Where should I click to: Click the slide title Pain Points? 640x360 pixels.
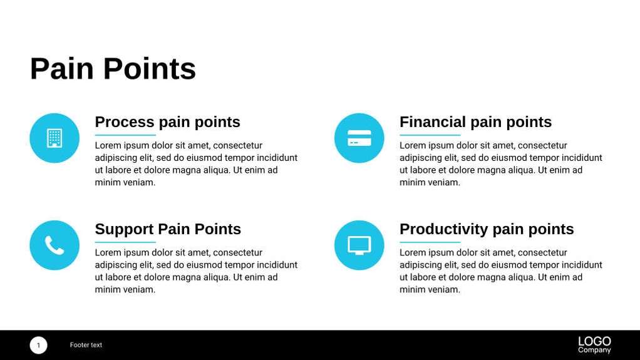(113, 69)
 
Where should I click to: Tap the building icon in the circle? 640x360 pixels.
(54, 138)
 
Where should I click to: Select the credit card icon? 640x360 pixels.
(359, 138)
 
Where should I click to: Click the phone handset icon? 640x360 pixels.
(54, 245)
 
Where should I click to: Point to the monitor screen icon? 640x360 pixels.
(359, 245)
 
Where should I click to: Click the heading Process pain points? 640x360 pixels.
(167, 122)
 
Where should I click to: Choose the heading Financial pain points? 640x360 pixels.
(475, 122)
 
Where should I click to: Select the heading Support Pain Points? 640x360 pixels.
(168, 229)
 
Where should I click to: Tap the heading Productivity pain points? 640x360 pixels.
(487, 229)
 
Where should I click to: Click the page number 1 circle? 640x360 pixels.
(38, 345)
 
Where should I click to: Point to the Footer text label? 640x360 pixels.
(86, 345)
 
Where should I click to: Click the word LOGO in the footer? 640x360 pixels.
(594, 341)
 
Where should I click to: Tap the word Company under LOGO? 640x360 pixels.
(594, 350)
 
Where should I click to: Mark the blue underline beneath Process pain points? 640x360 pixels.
(125, 135)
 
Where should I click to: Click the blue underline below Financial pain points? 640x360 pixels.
(430, 135)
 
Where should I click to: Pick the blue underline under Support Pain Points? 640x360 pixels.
(125, 242)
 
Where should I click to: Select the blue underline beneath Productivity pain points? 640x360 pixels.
(430, 242)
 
